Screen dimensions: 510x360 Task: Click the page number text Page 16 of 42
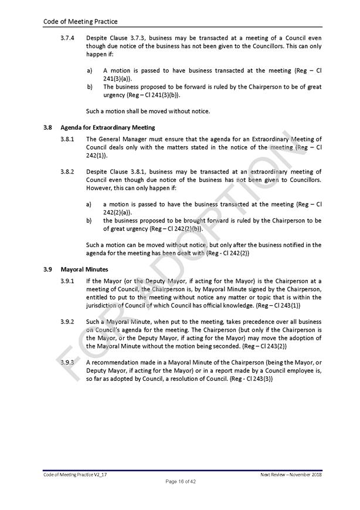(180, 481)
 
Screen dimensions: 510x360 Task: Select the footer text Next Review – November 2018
(291, 474)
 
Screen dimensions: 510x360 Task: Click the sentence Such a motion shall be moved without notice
(148, 111)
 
